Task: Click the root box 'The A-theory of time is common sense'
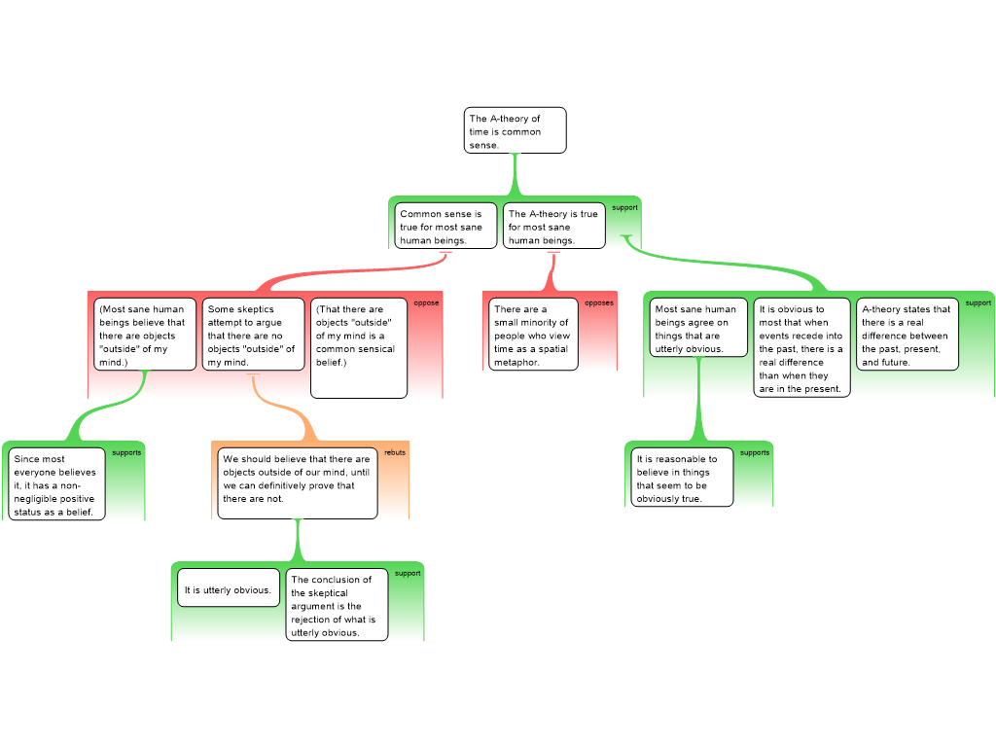point(515,130)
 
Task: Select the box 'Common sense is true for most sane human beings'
point(445,226)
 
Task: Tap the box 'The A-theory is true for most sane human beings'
point(553,226)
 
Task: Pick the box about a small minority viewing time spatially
point(533,335)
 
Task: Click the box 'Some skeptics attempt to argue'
point(253,335)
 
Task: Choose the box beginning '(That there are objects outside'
point(359,348)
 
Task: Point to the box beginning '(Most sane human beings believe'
point(145,335)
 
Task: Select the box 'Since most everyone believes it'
point(56,484)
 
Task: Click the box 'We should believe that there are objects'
point(298,483)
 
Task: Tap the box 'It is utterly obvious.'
point(229,587)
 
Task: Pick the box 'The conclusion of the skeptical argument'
point(337,605)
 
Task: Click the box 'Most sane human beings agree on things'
point(698,327)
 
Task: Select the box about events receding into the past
point(801,347)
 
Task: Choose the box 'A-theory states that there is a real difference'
point(907,335)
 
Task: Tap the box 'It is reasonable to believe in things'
point(682,477)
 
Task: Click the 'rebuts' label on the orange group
point(395,452)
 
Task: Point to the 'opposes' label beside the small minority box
point(599,303)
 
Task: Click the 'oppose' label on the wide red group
point(426,303)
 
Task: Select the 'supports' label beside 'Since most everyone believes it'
point(126,453)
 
